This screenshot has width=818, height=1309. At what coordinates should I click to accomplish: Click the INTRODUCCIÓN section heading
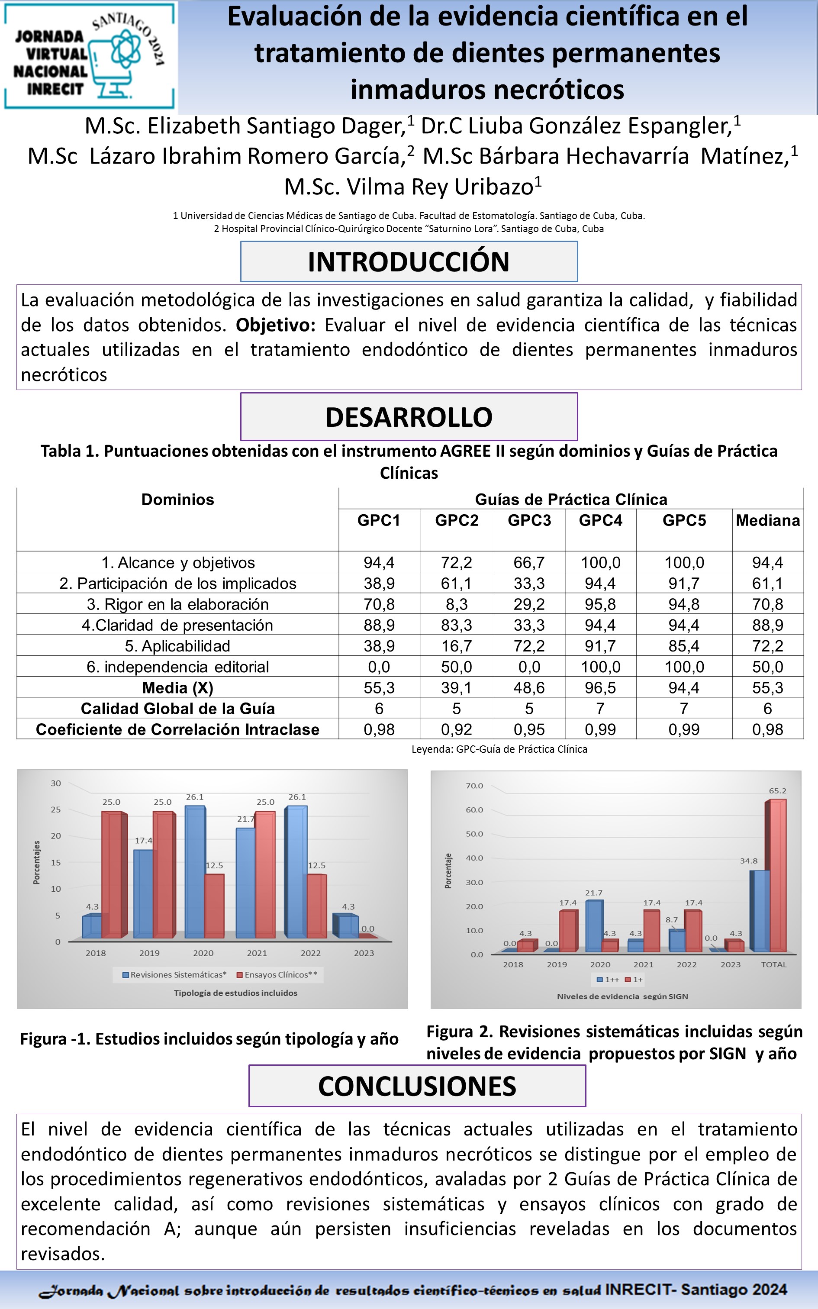click(x=409, y=262)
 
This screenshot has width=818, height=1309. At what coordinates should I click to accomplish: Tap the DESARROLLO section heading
click(x=409, y=417)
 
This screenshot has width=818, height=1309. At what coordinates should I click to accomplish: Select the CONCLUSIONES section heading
click(x=417, y=1086)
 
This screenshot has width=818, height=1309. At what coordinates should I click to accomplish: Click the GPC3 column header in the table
click(x=529, y=520)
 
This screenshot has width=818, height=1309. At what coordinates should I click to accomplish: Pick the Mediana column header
click(x=768, y=520)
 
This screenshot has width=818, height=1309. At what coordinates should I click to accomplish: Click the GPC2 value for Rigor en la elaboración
click(x=457, y=604)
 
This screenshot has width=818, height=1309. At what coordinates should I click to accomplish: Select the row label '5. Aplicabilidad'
click(x=177, y=646)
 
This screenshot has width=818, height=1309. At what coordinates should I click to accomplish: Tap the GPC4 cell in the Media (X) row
click(x=601, y=687)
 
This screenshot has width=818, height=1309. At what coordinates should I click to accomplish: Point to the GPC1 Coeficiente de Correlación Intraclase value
click(x=379, y=730)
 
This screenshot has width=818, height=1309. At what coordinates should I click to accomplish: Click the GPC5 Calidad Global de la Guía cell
click(x=684, y=709)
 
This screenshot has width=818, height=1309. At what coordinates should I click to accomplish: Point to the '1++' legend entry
click(x=608, y=980)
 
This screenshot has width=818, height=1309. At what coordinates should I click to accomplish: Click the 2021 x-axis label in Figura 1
click(x=257, y=953)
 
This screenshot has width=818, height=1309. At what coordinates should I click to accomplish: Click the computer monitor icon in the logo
click(x=111, y=70)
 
